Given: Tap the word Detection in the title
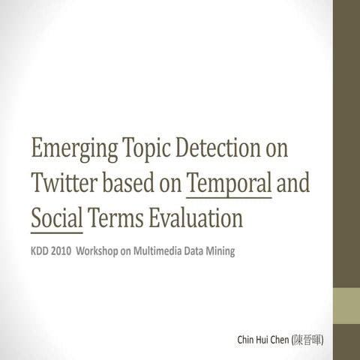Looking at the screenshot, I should coord(218,148).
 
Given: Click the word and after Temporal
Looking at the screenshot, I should coord(293,182).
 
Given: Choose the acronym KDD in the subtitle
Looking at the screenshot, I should coord(40,250).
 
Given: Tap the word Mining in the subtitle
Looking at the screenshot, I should coord(220,250).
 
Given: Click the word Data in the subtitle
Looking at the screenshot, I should coord(196,250).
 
